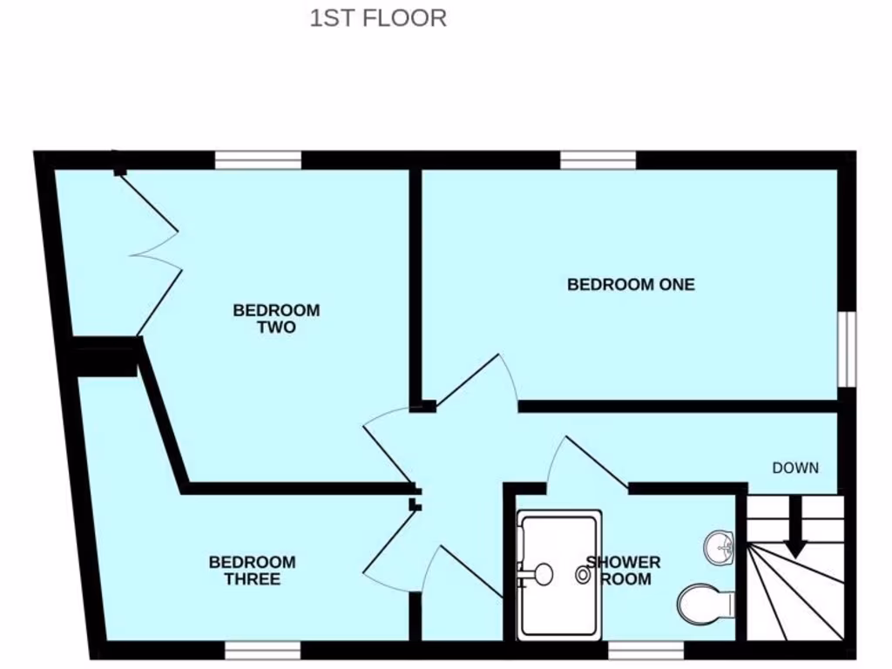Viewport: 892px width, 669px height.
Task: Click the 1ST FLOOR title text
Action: click(x=378, y=18)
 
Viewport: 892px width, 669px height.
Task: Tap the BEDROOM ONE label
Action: click(x=631, y=284)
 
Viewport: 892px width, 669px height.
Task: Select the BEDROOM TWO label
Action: click(x=276, y=319)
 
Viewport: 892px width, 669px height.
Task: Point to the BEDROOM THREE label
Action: click(x=252, y=571)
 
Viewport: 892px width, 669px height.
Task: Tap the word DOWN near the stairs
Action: click(x=795, y=468)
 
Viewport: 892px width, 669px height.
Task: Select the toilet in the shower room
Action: click(x=705, y=603)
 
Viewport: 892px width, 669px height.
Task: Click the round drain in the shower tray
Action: click(x=583, y=574)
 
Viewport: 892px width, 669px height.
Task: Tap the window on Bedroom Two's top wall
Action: click(x=258, y=160)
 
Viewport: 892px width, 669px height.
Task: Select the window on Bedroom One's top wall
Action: click(x=598, y=160)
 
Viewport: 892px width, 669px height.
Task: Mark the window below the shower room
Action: click(x=645, y=650)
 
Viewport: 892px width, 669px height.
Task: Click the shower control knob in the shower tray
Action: click(x=542, y=574)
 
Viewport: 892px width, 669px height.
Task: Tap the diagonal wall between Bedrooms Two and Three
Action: click(x=164, y=418)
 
